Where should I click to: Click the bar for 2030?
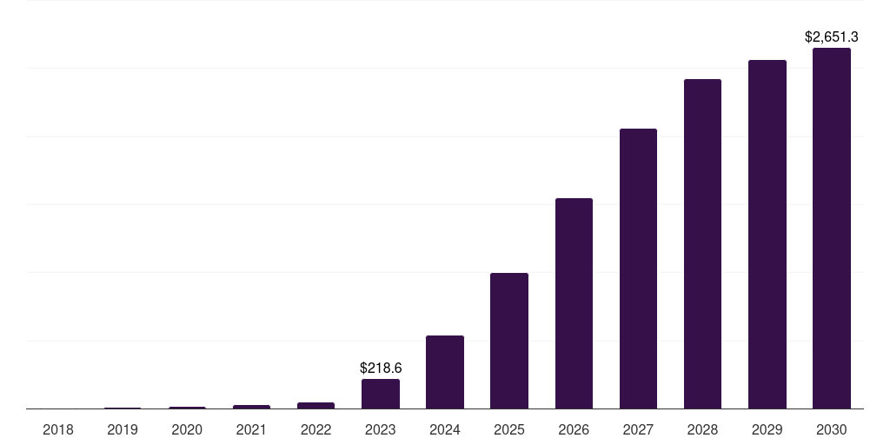click(831, 228)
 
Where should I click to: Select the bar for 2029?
click(767, 234)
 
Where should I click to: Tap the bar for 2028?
click(702, 243)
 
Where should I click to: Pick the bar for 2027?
click(638, 269)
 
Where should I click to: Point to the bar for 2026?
click(574, 303)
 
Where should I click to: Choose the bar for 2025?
click(509, 341)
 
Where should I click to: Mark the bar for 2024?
click(445, 372)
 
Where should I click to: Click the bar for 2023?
click(381, 394)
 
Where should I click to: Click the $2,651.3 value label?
click(831, 37)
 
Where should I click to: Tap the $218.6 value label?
click(381, 368)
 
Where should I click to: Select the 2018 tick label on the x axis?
click(58, 429)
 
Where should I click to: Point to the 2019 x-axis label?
click(123, 429)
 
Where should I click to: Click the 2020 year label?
click(187, 429)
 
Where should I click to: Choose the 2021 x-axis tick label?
click(251, 429)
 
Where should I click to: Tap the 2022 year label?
click(315, 429)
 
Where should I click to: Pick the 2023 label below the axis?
click(381, 429)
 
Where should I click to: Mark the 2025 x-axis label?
click(509, 429)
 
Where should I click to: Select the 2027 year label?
click(638, 429)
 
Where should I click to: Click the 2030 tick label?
click(831, 429)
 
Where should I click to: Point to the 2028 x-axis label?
click(702, 429)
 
